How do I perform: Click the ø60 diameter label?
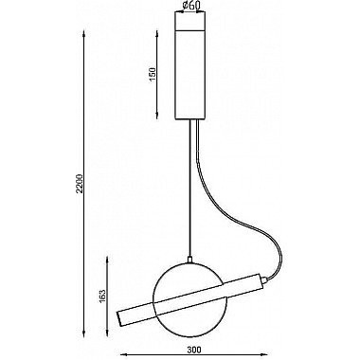click(190, 5)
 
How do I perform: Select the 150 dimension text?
click(153, 75)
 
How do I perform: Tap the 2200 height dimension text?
click(80, 183)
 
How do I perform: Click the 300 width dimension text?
click(194, 350)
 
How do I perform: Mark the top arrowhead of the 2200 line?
click(83, 34)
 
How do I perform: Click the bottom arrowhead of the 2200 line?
click(83, 333)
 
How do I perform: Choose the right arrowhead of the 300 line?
click(263, 354)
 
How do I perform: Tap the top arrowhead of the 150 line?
click(157, 35)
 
